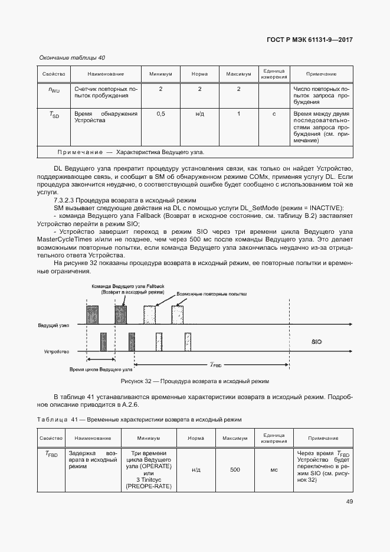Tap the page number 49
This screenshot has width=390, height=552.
349,502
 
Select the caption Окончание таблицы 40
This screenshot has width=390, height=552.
71,58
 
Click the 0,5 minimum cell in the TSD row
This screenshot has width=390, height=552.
160,114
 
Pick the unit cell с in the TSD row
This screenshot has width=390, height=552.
274,114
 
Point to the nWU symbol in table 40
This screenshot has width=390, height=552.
54,90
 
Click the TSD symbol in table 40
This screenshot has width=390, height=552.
54,115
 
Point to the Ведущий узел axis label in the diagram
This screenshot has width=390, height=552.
54,325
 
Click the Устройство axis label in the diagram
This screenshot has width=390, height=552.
57,351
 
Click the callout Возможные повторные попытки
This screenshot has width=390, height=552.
211,293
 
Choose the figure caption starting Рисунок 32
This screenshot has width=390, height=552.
195,381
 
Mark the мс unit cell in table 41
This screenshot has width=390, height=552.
274,470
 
